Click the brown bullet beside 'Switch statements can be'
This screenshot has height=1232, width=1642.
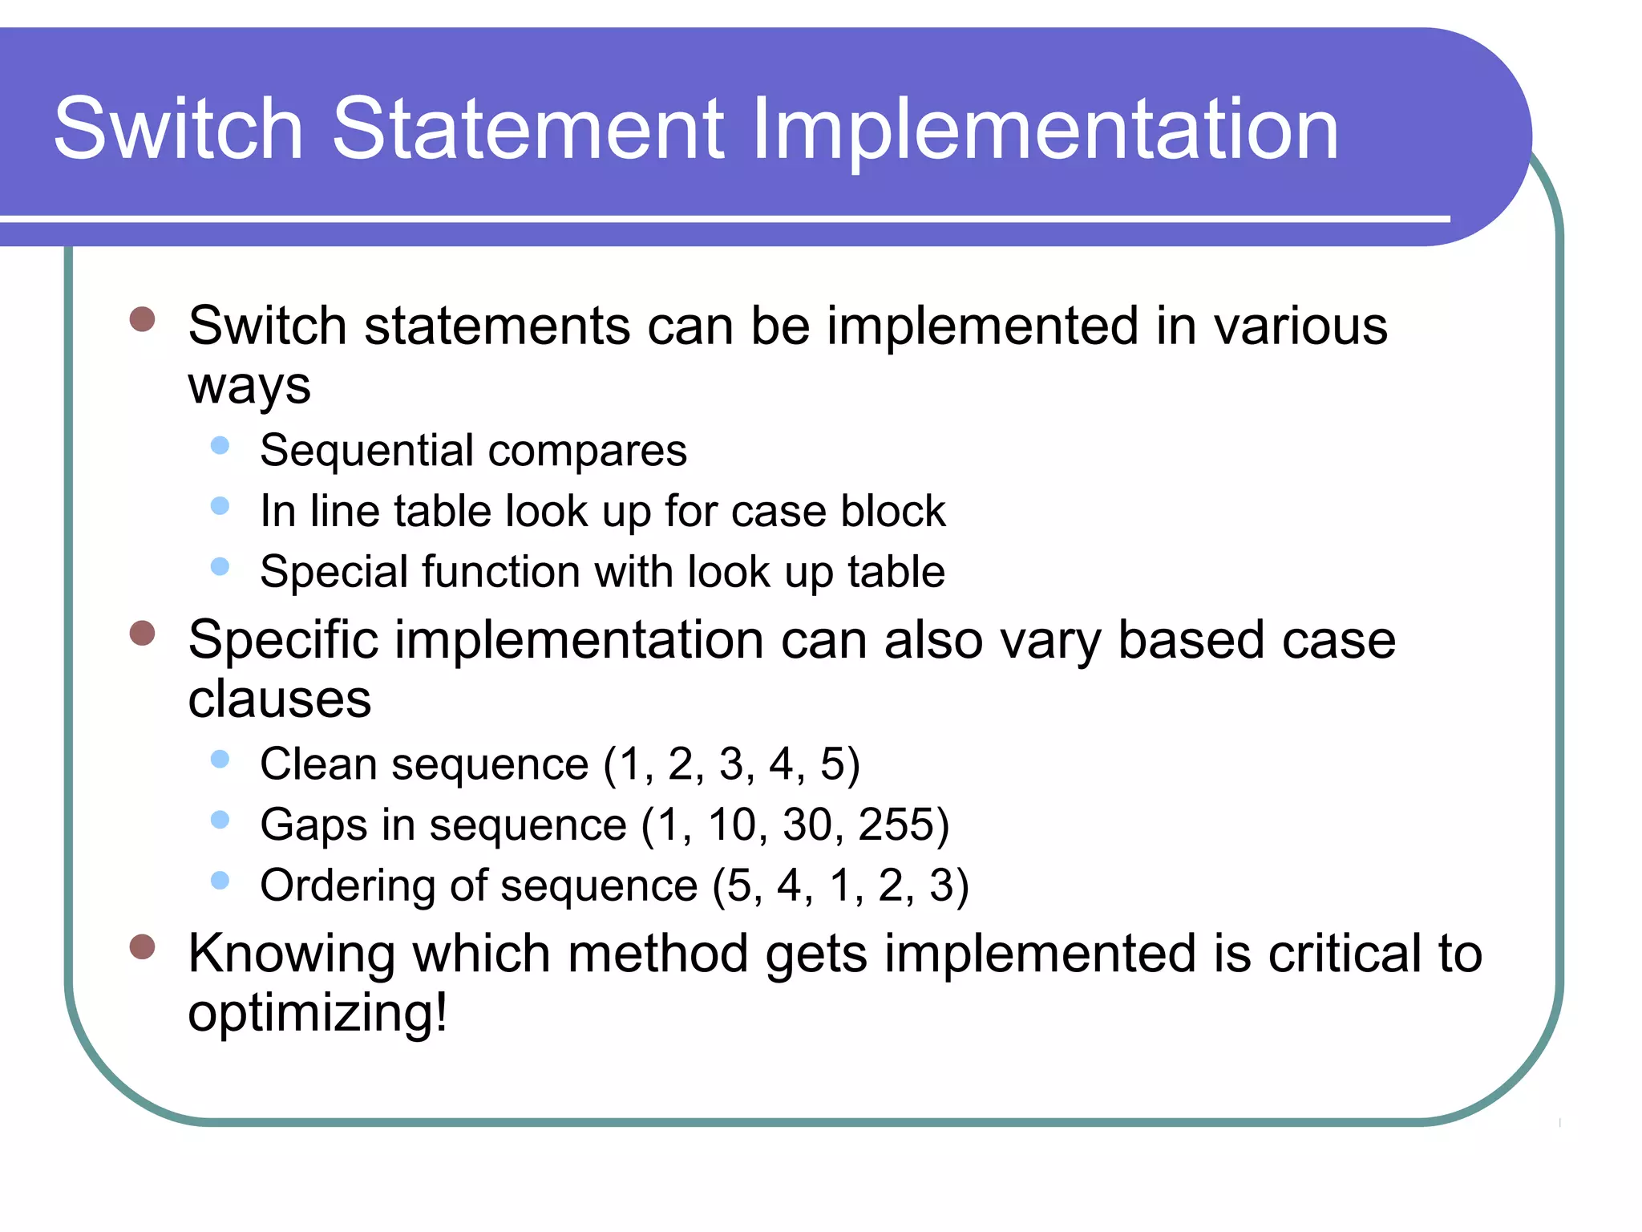(x=142, y=318)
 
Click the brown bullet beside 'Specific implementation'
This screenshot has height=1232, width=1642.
(x=142, y=633)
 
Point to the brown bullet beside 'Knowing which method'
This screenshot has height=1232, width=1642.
(x=142, y=946)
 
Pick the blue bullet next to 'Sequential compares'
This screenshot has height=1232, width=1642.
(x=220, y=445)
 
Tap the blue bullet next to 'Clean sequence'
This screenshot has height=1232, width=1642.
(x=220, y=759)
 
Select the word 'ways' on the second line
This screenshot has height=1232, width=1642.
(x=249, y=387)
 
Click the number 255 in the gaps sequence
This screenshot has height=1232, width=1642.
(x=896, y=825)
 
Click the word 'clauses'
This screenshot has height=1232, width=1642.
(x=280, y=699)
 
